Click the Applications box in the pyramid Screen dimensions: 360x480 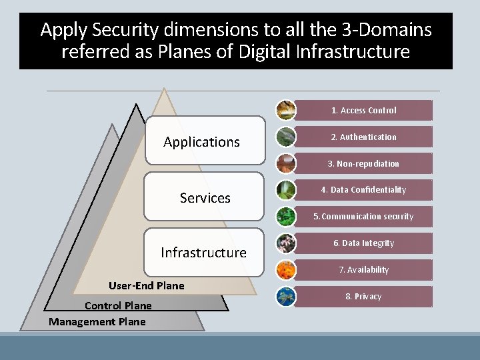205,141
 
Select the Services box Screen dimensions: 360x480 205,197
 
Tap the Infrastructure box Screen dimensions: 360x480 204,253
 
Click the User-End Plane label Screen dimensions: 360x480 147,286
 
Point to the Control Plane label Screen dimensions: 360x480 118,306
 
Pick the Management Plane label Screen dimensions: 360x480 97,322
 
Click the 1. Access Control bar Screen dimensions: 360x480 364,110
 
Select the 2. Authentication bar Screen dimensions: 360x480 364,137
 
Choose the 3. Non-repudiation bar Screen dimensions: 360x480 364,163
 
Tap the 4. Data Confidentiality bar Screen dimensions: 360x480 364,190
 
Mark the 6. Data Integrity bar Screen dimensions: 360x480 364,243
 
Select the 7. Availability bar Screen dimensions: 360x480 364,270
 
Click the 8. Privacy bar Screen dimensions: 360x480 364,297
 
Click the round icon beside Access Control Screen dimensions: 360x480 286,110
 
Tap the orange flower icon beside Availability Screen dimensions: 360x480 286,270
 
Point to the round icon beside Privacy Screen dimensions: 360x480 286,297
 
